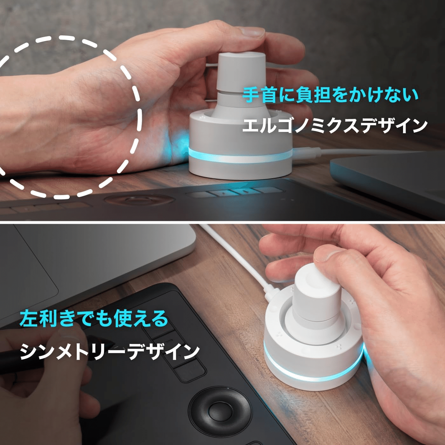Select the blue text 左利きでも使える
click(94, 319)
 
